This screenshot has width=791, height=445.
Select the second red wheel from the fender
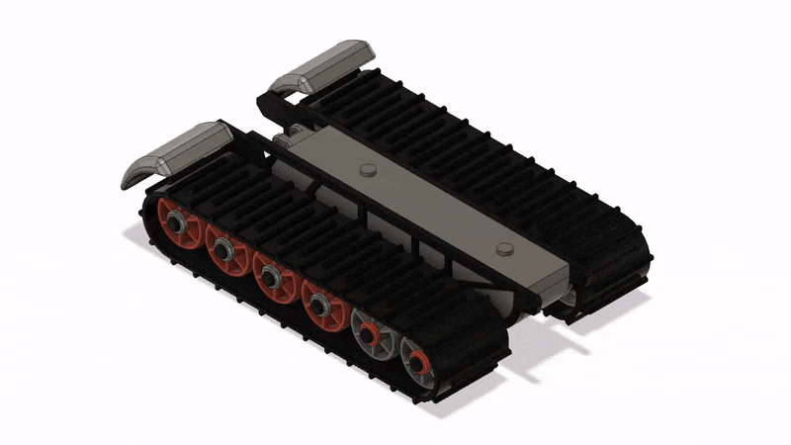point(226,253)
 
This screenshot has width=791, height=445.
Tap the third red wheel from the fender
point(273,277)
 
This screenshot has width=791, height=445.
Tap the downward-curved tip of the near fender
point(129,178)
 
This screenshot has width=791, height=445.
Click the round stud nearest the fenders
point(369,169)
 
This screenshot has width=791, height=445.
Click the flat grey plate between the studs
point(435,208)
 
